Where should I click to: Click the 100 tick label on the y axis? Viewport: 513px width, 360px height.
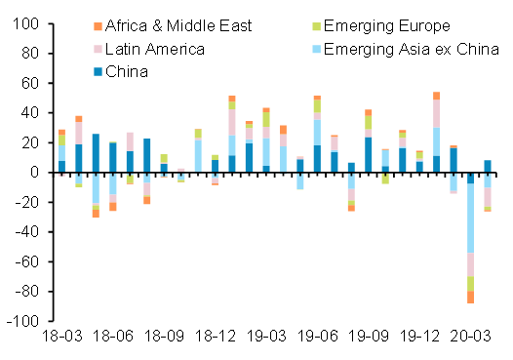25,23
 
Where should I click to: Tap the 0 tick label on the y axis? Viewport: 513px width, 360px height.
34,173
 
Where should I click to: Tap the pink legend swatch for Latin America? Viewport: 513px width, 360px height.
97,48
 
